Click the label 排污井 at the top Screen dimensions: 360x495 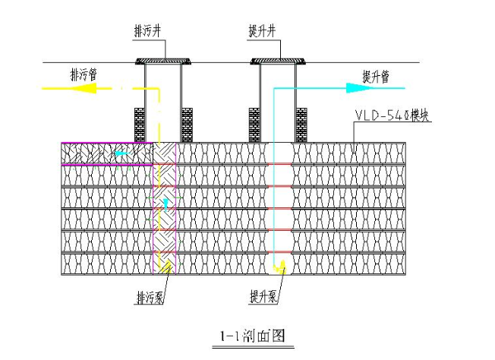(x=148, y=31)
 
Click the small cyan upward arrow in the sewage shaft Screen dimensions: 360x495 (x=166, y=204)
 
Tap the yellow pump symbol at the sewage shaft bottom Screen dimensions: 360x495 (x=164, y=265)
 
